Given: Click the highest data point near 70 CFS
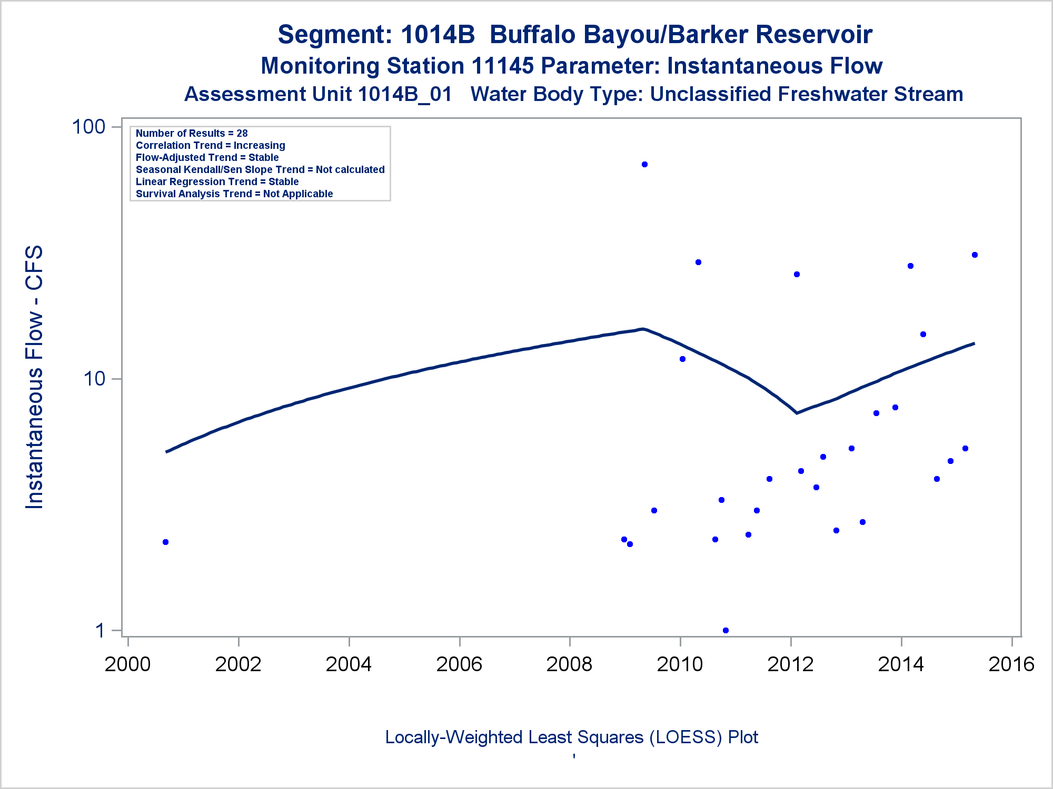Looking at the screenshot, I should click(x=644, y=165).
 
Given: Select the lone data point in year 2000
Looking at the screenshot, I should click(x=165, y=542).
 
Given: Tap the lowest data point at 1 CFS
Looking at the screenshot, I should click(x=726, y=630).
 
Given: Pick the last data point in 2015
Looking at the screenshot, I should click(x=975, y=255).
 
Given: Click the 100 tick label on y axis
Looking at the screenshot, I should click(x=88, y=127).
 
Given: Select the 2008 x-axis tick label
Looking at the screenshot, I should click(x=569, y=664).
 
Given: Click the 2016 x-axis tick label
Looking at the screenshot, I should click(x=1011, y=664).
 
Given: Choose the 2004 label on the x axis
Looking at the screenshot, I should click(x=349, y=664).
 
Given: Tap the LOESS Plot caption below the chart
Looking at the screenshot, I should click(x=571, y=737).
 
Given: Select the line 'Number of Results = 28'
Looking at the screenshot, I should click(x=192, y=134).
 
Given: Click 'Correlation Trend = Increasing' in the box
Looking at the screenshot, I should click(x=211, y=146).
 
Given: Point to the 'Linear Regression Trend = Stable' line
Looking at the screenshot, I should click(x=217, y=182).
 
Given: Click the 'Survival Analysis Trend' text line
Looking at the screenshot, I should click(x=234, y=194).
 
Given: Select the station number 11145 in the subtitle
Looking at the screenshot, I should click(x=502, y=66).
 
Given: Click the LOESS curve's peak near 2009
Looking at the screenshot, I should click(x=642, y=329).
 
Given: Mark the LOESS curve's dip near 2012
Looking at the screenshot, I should click(x=797, y=413).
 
